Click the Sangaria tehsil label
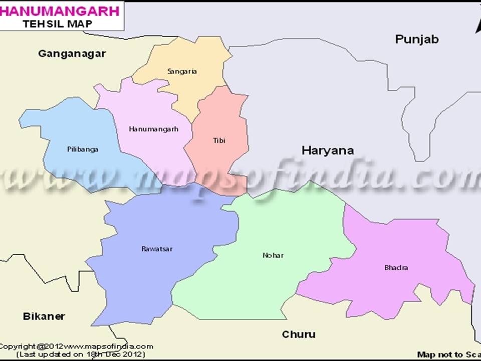182,71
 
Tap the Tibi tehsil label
219,140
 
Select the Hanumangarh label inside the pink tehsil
153,129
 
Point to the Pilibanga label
83,149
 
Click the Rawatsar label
157,249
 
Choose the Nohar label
273,255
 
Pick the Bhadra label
396,267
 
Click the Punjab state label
417,39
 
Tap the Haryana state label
328,150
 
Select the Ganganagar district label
72,54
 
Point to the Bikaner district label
44,316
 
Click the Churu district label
299,334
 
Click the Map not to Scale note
448,354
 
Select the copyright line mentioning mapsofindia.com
76,346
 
